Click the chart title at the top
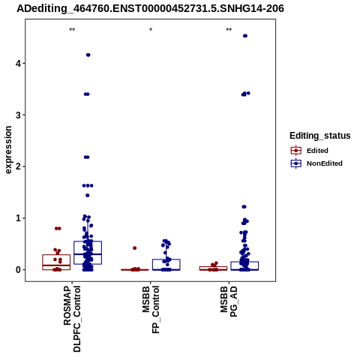150,9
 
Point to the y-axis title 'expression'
8,150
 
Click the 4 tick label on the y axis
19,63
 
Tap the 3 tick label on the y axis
19,115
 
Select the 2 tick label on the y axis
19,166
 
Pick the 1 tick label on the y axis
19,218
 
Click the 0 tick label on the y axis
19,270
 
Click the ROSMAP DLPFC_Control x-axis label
72,319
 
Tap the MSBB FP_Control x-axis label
151,310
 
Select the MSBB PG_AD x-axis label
229,301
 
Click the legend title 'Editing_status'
320,136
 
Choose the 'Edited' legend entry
310,151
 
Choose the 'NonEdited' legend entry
316,163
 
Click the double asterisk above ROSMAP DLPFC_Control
72,30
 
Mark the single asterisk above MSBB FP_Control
151,30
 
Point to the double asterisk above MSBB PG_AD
229,30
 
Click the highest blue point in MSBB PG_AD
245,36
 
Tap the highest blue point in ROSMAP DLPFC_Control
88,55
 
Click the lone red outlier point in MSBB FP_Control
135,248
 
